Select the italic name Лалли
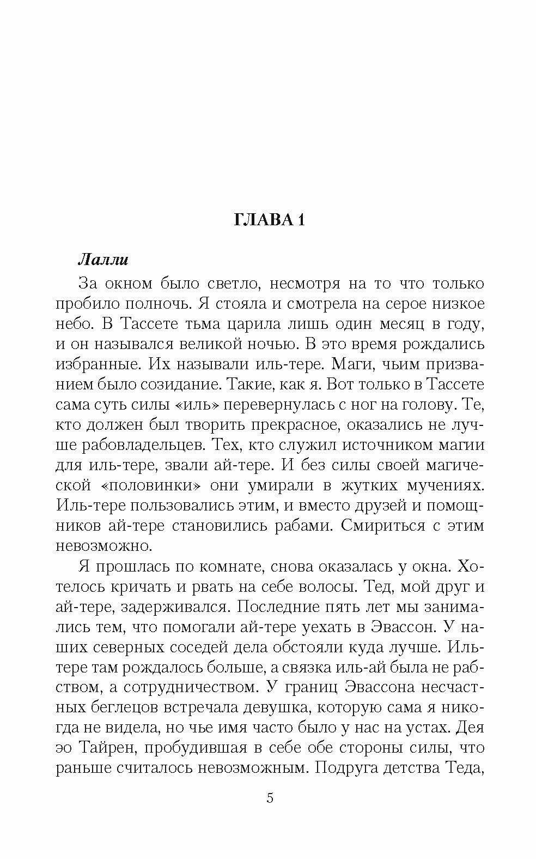[103, 259]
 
